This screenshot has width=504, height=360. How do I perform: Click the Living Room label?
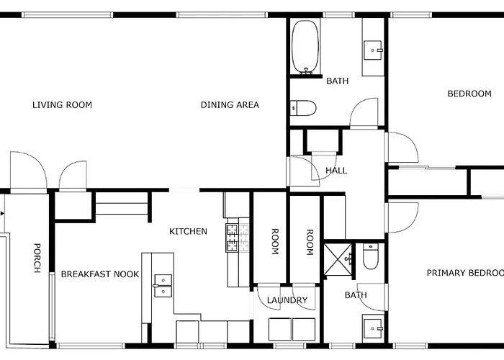click(x=62, y=105)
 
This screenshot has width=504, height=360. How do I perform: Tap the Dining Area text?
click(x=230, y=105)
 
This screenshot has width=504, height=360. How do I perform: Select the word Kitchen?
click(x=188, y=231)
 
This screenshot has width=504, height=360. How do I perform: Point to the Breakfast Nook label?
click(x=100, y=274)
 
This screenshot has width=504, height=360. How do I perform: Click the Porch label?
click(x=37, y=258)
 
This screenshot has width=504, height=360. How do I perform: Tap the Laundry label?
click(x=287, y=300)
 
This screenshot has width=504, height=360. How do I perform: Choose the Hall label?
click(x=336, y=171)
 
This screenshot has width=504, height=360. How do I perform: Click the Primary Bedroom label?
click(x=465, y=273)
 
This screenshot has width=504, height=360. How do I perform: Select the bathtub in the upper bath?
click(x=306, y=48)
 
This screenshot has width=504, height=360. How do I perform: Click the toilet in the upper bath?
click(x=303, y=108)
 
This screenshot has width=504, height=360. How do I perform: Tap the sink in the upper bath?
click(x=373, y=50)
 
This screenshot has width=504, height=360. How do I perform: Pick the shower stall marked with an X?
click(x=338, y=260)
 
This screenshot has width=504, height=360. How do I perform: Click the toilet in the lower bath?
click(x=371, y=256)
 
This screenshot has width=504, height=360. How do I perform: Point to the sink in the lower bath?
click(x=373, y=328)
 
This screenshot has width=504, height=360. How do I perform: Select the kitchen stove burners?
click(x=237, y=238)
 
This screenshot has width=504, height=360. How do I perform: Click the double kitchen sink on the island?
click(x=163, y=286)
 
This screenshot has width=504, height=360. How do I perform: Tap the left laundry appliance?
click(x=279, y=329)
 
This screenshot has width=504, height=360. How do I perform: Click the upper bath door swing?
click(x=364, y=113)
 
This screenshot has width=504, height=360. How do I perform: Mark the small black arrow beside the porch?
click(x=3, y=213)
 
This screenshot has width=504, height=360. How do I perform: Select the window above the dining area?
click(x=222, y=15)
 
